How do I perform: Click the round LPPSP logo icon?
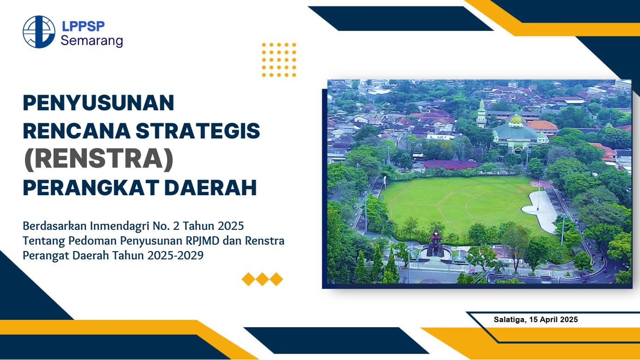pos(39,32)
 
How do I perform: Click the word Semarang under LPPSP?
pos(92,41)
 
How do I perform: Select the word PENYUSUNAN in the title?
pos(98,102)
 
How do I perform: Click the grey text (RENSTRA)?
pos(98,160)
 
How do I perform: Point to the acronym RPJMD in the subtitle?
pos(217,241)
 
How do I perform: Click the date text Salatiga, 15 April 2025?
pos(536,319)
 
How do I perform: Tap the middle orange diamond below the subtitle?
pos(262,279)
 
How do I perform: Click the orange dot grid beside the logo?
pos(279,60)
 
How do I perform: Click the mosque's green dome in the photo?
pos(516,121)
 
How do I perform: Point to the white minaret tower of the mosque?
pos(482,113)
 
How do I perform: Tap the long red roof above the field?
pos(451,164)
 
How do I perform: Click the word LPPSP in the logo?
pos(83,26)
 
